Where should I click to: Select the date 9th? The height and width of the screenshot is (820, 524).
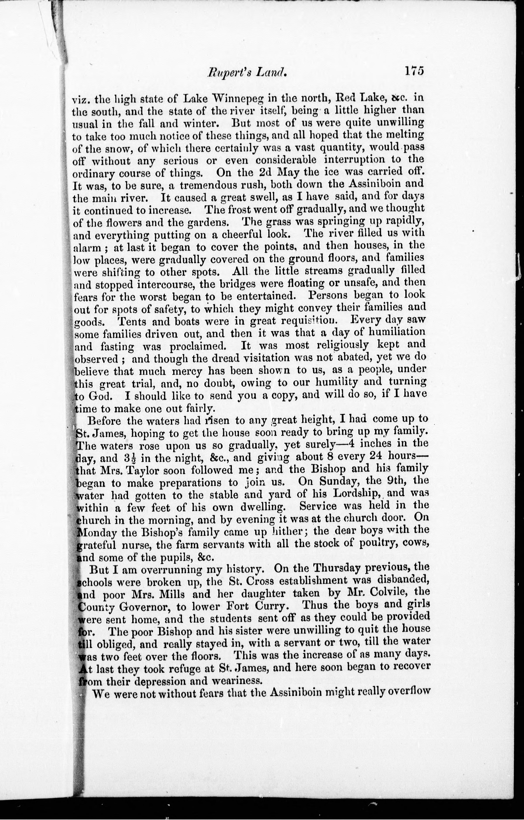[385, 481]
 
